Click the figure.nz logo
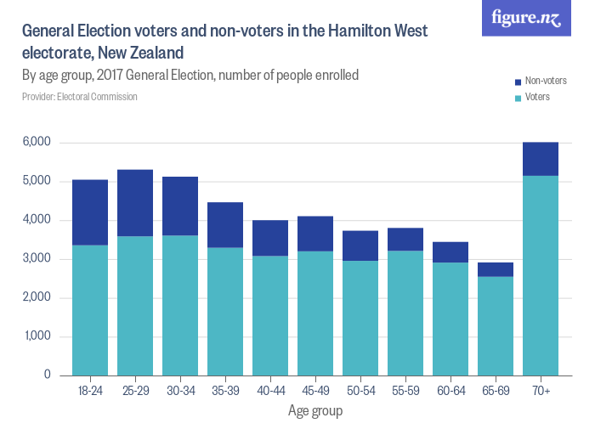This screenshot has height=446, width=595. click(526, 18)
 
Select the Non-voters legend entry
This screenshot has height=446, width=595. click(545, 82)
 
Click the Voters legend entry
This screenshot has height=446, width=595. click(537, 97)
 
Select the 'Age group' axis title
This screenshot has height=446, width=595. click(315, 411)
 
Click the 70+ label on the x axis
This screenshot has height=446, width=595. click(541, 391)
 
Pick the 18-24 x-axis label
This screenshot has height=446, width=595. click(90, 391)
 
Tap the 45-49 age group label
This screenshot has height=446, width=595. click(315, 391)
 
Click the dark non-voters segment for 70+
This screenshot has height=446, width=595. click(541, 159)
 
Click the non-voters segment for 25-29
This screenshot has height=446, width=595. click(135, 203)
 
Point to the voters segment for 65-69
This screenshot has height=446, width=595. click(496, 325)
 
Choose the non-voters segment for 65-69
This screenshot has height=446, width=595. click(496, 269)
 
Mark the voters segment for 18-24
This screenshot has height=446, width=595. click(90, 310)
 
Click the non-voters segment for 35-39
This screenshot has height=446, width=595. click(225, 225)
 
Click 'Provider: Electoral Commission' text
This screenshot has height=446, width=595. click(80, 97)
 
